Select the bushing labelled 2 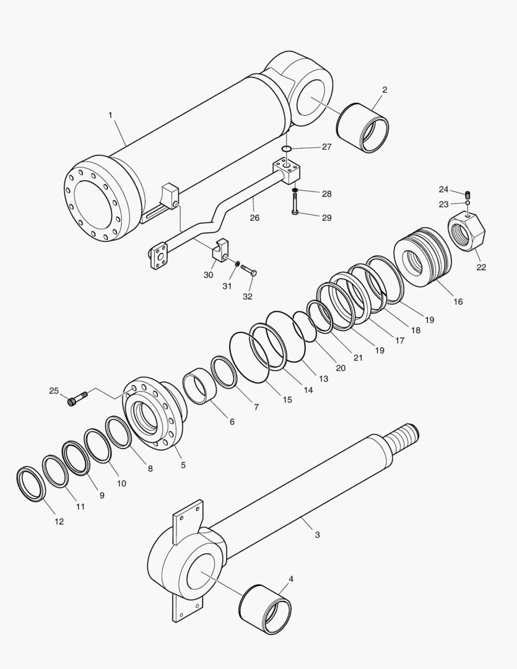point(363,127)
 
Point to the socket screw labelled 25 point(73,401)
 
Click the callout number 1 point(110,115)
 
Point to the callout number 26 point(254,217)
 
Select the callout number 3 point(317,534)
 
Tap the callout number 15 point(287,400)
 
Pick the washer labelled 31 point(237,265)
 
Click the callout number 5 point(183,465)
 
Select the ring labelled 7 point(224,372)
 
